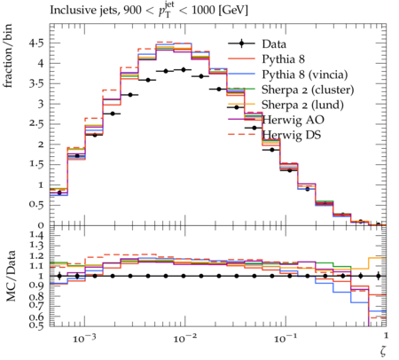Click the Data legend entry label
(x=274, y=44)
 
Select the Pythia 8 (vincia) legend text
(x=305, y=74)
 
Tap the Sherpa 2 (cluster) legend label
(x=308, y=90)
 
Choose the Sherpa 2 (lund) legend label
(x=302, y=105)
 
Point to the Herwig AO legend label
(x=293, y=120)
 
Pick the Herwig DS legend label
(x=292, y=135)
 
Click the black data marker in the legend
(x=241, y=44)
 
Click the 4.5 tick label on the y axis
(x=36, y=43)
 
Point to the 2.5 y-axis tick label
(x=36, y=124)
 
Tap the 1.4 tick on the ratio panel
(x=36, y=236)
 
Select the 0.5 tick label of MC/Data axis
(x=36, y=325)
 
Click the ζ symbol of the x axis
(x=383, y=350)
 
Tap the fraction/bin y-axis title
(x=8, y=56)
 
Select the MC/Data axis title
(x=11, y=276)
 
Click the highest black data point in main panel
(x=184, y=70)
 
